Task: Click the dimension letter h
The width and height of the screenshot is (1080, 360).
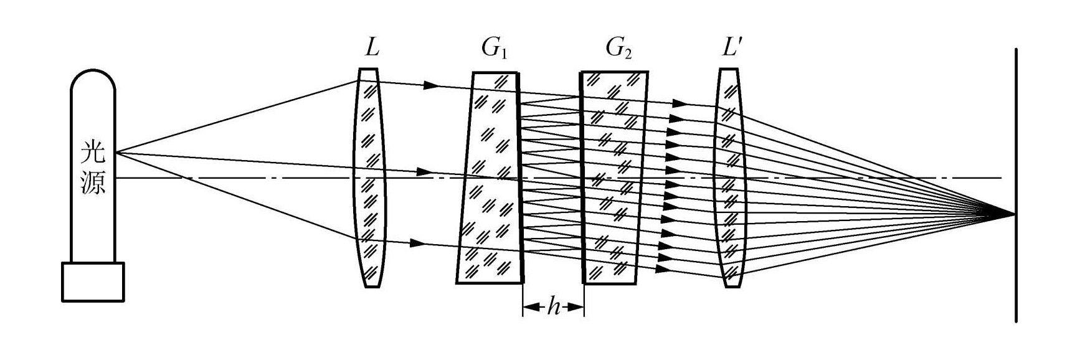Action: point(554,307)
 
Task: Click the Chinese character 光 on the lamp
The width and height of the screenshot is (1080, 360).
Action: point(93,153)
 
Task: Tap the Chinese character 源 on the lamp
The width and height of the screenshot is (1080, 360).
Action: point(93,182)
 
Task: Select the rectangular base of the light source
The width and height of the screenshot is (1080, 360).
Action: point(93,282)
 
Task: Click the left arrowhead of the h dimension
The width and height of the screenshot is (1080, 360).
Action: point(528,307)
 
